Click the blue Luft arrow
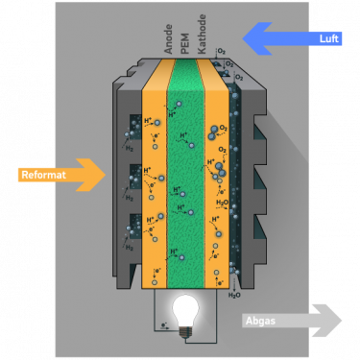click(293, 38)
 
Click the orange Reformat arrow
click(62, 175)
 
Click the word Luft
click(329, 39)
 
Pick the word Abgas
click(261, 321)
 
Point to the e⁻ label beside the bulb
click(164, 326)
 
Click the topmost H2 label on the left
click(129, 149)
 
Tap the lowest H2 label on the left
click(129, 247)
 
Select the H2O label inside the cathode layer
click(223, 204)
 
